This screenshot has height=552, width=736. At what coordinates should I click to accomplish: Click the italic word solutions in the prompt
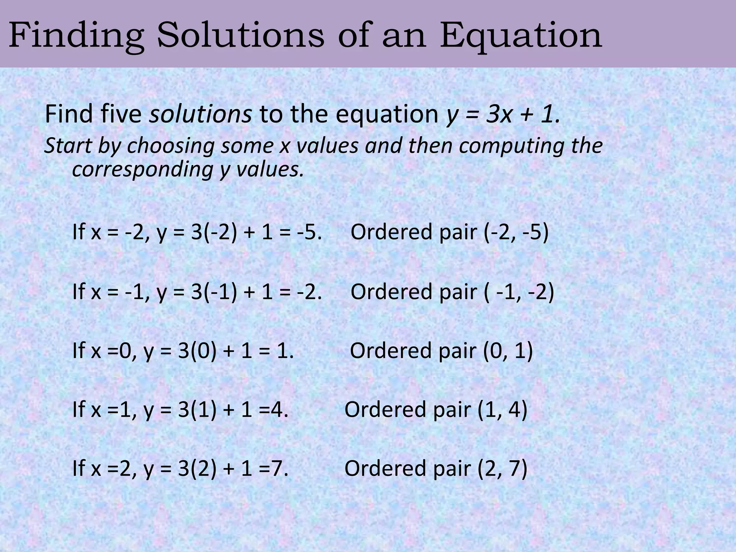[x=201, y=114]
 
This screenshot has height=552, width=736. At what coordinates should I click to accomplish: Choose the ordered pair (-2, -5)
[x=516, y=232]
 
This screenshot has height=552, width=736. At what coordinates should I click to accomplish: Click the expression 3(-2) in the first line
[x=214, y=232]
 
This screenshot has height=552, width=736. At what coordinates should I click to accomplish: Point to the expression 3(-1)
[x=214, y=291]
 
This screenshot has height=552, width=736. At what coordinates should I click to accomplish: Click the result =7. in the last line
[x=273, y=469]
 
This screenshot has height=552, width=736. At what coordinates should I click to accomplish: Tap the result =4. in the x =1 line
[x=273, y=410]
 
